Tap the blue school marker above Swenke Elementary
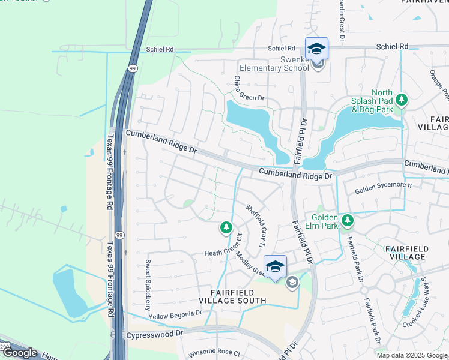(x=316, y=49)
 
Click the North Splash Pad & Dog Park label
(x=373, y=101)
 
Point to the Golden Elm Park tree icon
(x=347, y=221)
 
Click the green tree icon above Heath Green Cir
(x=226, y=227)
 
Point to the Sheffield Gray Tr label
(x=255, y=225)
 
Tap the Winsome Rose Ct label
(x=214, y=353)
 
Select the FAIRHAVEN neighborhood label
(x=426, y=2)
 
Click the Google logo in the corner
(x=19, y=353)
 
